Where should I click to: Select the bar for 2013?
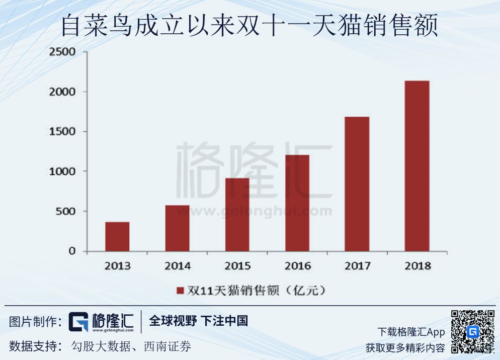pyautogui.click(x=117, y=237)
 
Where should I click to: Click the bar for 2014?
pyautogui.click(x=177, y=228)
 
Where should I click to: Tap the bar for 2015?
pyautogui.click(x=237, y=214)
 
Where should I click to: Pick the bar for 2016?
pyautogui.click(x=297, y=203)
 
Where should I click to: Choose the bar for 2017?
pyautogui.click(x=357, y=184)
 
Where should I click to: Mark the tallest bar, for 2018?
pyautogui.click(x=417, y=166)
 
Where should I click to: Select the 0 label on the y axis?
pyautogui.click(x=71, y=251)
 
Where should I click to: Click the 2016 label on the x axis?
pyautogui.click(x=297, y=266)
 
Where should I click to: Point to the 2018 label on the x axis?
pyautogui.click(x=417, y=266)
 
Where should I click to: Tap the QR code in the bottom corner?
pyautogui.click(x=472, y=332)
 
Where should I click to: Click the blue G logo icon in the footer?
pyautogui.click(x=78, y=322)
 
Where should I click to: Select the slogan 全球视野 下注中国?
pyautogui.click(x=198, y=321)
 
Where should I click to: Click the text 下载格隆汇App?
pyautogui.click(x=411, y=332)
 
